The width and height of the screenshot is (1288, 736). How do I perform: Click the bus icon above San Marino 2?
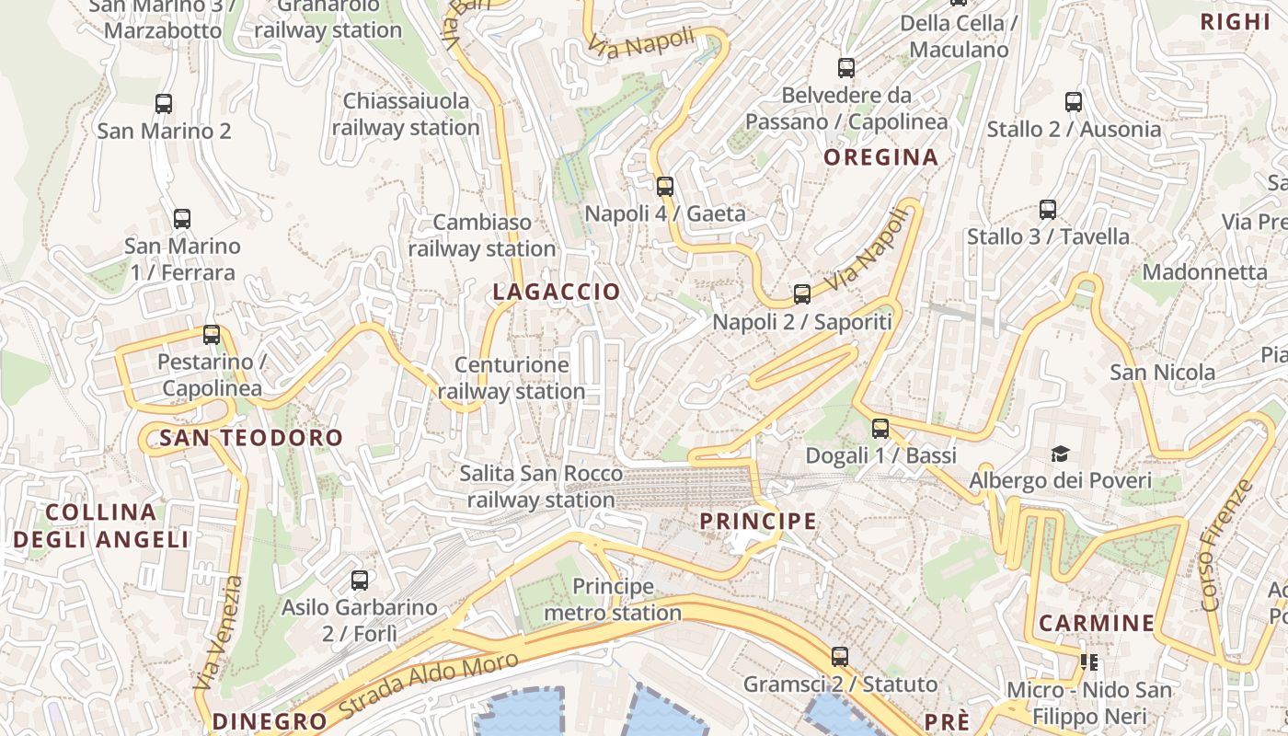[x=164, y=104]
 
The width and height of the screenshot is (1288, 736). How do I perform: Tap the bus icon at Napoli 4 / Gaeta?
[x=665, y=187]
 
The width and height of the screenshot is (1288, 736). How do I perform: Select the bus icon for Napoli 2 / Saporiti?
[x=802, y=294]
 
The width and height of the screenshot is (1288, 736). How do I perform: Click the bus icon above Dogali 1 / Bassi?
[x=880, y=428]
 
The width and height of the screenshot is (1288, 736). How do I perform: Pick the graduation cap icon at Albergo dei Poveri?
[x=1061, y=454]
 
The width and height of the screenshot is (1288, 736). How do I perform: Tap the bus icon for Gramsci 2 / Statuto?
[x=840, y=657]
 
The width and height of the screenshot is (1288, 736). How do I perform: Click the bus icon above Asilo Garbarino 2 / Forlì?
[x=360, y=581]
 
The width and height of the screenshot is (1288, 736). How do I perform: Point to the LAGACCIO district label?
[x=557, y=293]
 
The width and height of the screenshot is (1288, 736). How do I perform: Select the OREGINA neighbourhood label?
[x=880, y=157]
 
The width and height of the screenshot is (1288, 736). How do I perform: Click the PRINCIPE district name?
[x=758, y=522]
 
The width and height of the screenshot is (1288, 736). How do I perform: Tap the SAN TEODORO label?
[x=251, y=438]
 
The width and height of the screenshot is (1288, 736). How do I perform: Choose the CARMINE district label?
[x=1097, y=623]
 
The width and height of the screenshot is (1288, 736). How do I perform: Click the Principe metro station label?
[x=613, y=599]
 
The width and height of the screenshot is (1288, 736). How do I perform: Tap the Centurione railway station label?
[x=512, y=378]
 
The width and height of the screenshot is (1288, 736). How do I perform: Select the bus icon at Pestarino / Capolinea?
[x=212, y=335]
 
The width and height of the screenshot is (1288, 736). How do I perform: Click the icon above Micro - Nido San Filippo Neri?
[x=1090, y=661]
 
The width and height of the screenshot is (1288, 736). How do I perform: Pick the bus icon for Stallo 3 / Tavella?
[x=1048, y=209]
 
